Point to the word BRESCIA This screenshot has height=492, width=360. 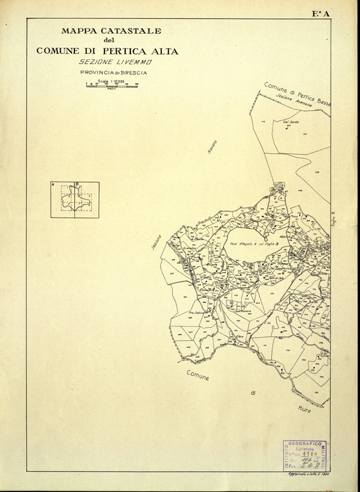pyautogui.click(x=130, y=73)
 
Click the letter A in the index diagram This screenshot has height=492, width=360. pyautogui.click(x=52, y=186)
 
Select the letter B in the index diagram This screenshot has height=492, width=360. pyautogui.click(x=78, y=185)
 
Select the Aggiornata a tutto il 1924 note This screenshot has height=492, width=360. pyautogui.click(x=307, y=474)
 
